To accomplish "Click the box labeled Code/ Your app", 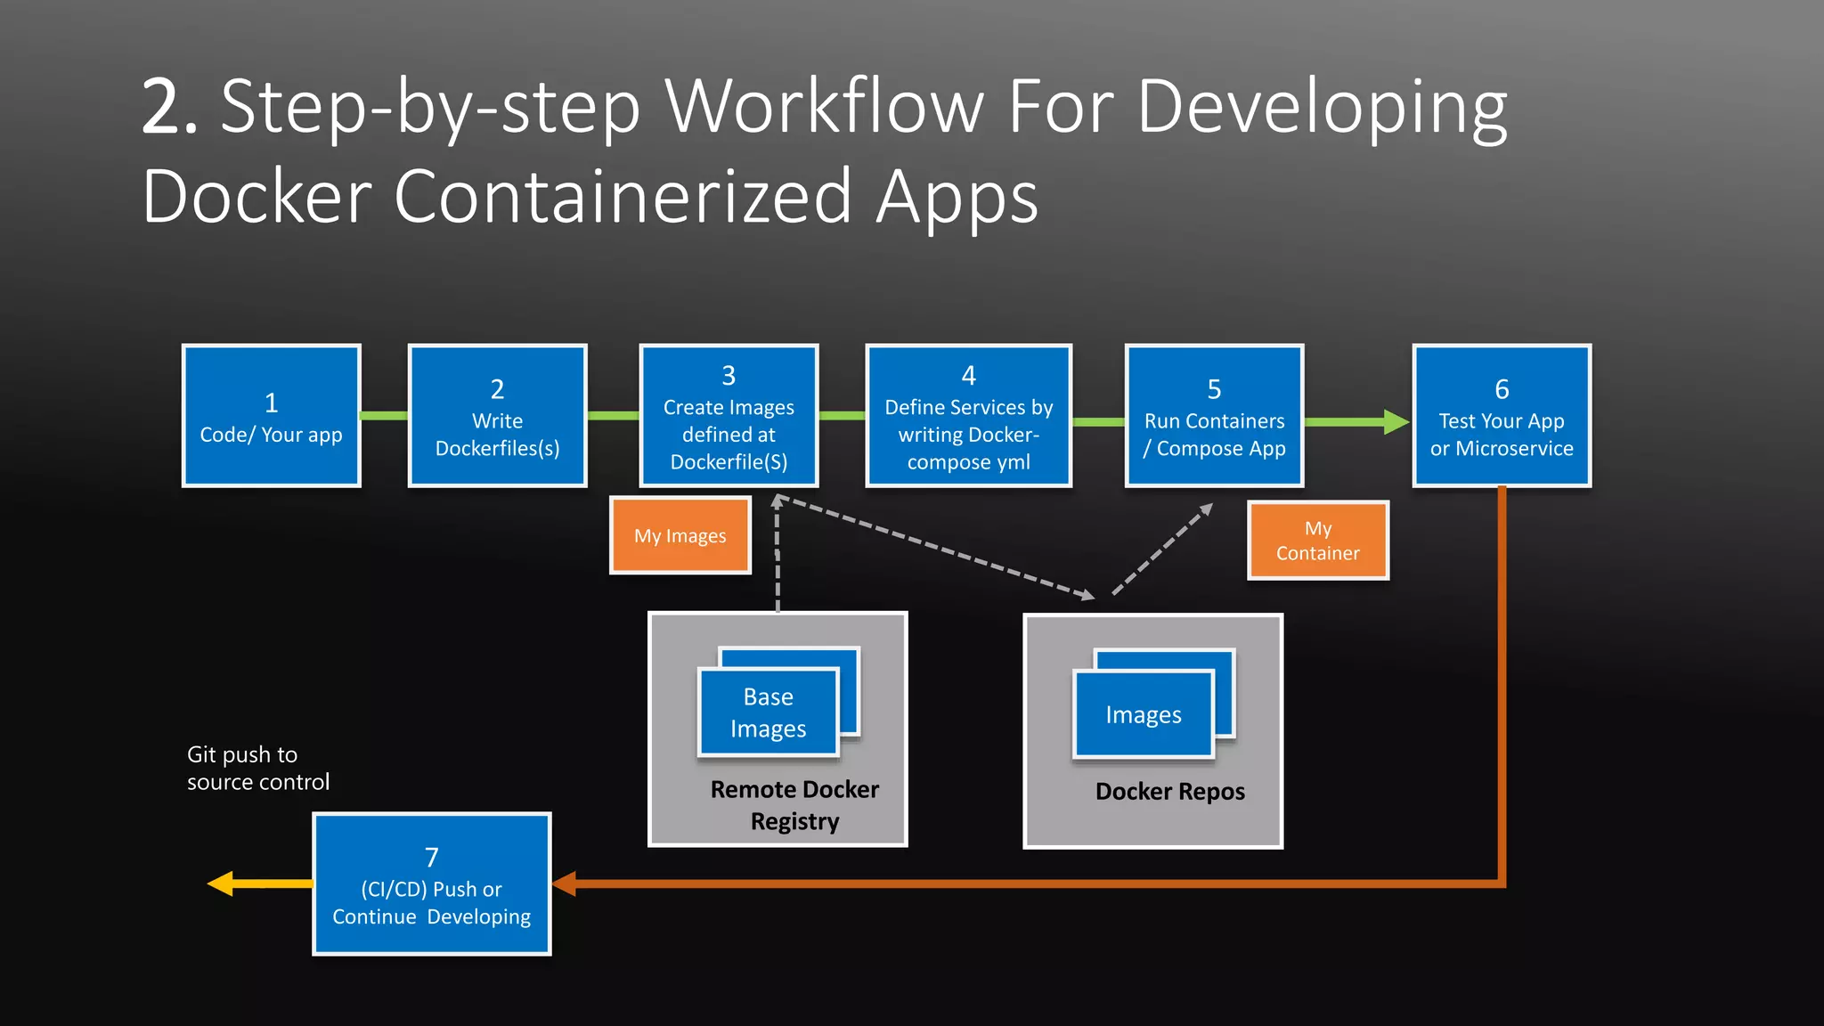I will pos(271,416).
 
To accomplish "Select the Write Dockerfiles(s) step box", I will pos(497,416).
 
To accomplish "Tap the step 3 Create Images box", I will pos(729,416).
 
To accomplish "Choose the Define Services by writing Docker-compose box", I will pos(968,416).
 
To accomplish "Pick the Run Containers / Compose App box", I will pos(1214,416).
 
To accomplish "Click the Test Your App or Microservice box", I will pos(1502,416).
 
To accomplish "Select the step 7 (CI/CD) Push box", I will pos(432,884).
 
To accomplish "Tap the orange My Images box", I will pos(680,536).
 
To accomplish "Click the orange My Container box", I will pos(1317,541).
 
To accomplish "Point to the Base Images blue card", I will pos(768,712).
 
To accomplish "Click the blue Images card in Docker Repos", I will pos(1144,714).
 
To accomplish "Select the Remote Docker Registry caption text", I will pos(794,805).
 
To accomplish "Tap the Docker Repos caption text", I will pos(1169,791).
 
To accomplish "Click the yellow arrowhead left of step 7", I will pos(222,883).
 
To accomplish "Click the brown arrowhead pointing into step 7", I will pos(565,883).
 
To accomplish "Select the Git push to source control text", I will pos(257,768).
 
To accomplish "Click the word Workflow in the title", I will pos(824,107).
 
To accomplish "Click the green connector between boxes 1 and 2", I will pos(384,416).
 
